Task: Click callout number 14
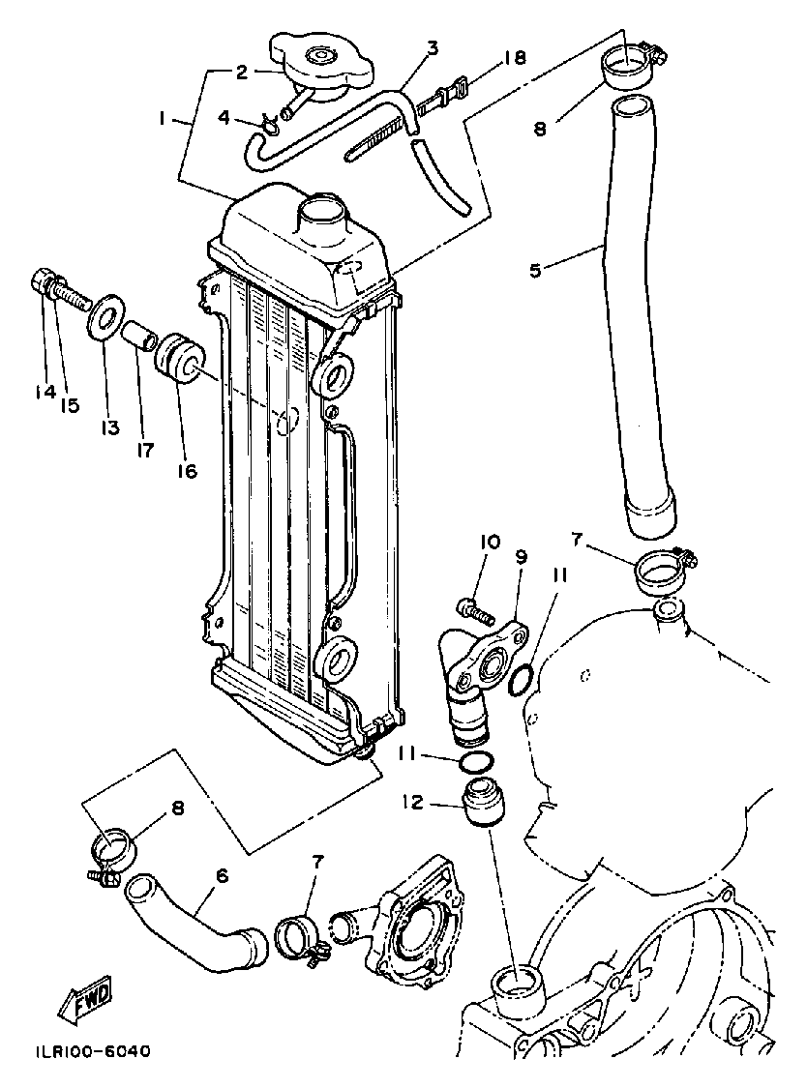[x=41, y=393]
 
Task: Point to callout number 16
[x=186, y=470]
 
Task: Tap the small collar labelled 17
[x=138, y=336]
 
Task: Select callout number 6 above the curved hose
[x=222, y=875]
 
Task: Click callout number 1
[x=163, y=119]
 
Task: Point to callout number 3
[x=432, y=46]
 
